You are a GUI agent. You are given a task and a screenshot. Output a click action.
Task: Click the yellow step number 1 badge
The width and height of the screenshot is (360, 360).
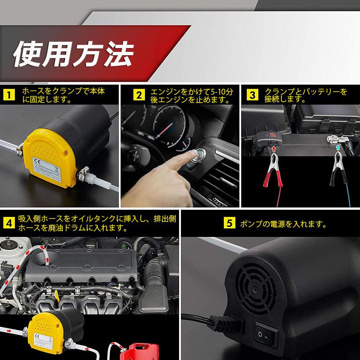[9, 95]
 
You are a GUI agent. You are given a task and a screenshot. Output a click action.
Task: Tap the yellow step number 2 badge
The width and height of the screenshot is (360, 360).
[139, 95]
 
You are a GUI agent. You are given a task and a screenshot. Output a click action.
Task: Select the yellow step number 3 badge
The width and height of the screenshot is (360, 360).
[252, 95]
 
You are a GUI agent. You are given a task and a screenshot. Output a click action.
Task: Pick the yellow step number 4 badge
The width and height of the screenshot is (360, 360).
[9, 223]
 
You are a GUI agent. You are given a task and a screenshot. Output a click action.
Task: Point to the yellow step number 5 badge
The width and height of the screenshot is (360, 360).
[229, 223]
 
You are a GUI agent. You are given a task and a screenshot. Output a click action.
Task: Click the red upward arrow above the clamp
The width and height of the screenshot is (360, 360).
[273, 149]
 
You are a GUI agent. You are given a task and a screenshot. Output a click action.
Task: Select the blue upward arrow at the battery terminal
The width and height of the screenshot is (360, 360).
[337, 147]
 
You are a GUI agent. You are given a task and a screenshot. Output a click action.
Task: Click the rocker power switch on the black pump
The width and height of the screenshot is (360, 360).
[266, 335]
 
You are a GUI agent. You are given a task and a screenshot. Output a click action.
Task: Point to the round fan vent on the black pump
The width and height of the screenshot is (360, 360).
[255, 289]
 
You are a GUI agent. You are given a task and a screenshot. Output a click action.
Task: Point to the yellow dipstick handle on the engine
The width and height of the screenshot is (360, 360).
[57, 296]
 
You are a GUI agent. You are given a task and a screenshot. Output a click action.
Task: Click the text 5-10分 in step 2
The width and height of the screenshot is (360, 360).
[221, 92]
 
